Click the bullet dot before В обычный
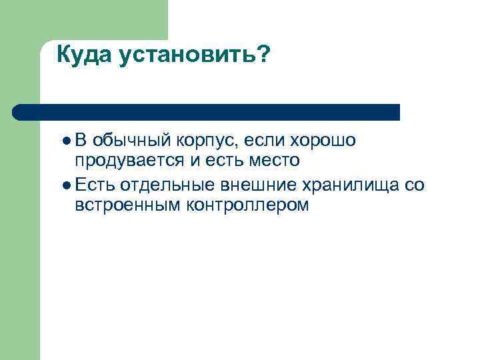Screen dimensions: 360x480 67,141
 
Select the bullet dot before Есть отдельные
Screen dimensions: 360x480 67,185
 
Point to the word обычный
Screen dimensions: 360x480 133,141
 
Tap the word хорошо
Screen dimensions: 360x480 323,141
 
